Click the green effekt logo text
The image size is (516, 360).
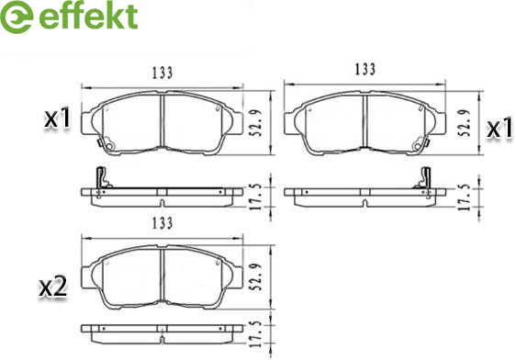(x=88, y=17)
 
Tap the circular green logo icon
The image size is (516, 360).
(x=17, y=17)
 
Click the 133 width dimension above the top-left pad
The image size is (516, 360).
(x=163, y=73)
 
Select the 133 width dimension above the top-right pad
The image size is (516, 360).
(x=365, y=69)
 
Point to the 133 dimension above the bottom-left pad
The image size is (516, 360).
(x=163, y=223)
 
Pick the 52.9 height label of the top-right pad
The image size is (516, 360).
(x=465, y=123)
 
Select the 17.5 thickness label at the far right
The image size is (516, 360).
(x=465, y=197)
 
